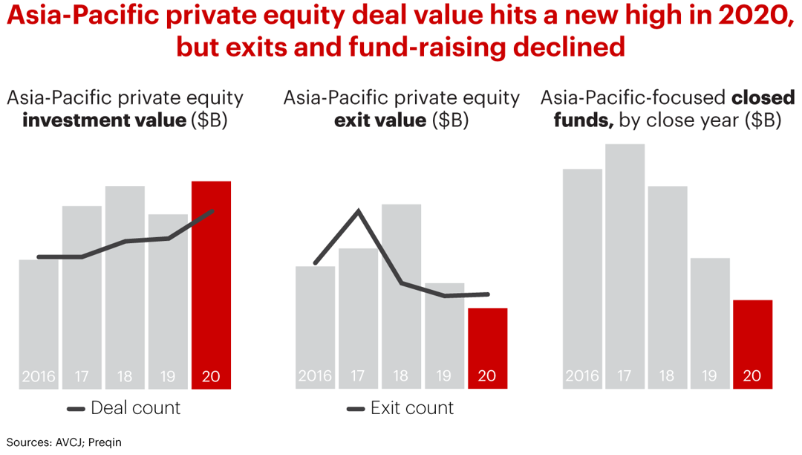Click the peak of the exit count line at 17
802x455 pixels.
point(359,211)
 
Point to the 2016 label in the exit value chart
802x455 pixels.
point(315,376)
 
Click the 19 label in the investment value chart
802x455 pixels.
point(168,376)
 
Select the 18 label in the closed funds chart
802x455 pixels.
point(667,376)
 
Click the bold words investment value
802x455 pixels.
point(104,120)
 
